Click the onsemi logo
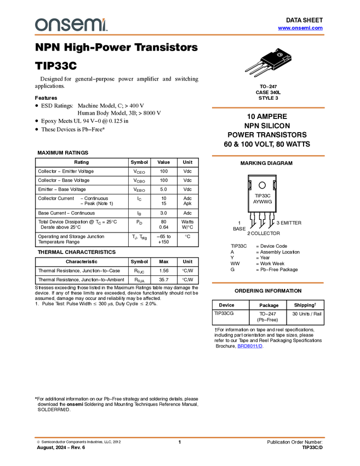pos(71,25)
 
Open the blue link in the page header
pos(300,28)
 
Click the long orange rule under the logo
pos(180,35)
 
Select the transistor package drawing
pos(268,62)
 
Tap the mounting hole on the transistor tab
pos(279,55)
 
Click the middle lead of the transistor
pos(255,70)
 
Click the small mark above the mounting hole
pos(275,48)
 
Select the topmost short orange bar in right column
pos(268,108)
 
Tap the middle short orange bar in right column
pos(268,156)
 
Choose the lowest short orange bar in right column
pos(268,283)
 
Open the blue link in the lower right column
pos(250,346)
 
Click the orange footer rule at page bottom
pos(180,437)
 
